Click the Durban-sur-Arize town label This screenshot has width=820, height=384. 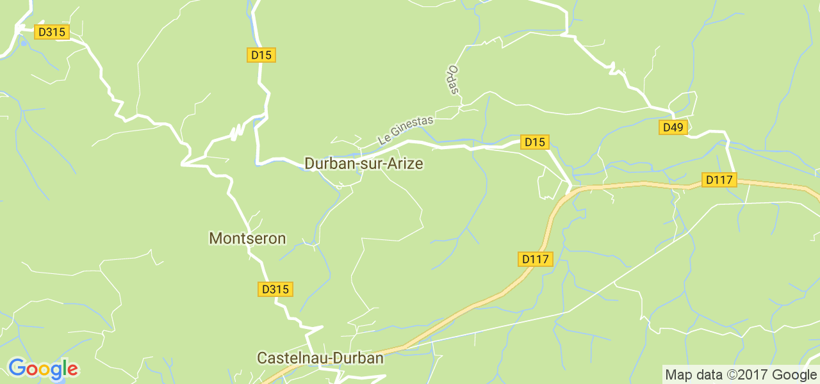point(363,164)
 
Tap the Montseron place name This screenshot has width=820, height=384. point(247,239)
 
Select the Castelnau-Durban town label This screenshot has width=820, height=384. point(320,358)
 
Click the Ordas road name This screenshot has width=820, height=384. point(454,80)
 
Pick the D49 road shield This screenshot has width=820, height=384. point(673,127)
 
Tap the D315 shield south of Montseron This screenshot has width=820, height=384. point(275,289)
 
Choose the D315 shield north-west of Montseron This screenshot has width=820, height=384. point(52,32)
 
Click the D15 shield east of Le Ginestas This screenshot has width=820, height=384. point(534,142)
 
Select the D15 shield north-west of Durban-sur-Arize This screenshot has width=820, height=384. point(261,55)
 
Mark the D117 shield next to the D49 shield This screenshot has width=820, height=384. point(718,180)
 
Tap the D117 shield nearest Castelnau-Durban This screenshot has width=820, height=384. point(535,259)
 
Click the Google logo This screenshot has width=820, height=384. point(43,369)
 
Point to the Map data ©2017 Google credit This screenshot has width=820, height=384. point(740,374)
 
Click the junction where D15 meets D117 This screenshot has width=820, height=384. point(570,189)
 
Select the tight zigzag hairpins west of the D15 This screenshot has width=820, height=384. point(238,132)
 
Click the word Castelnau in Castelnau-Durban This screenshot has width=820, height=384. point(293,358)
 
